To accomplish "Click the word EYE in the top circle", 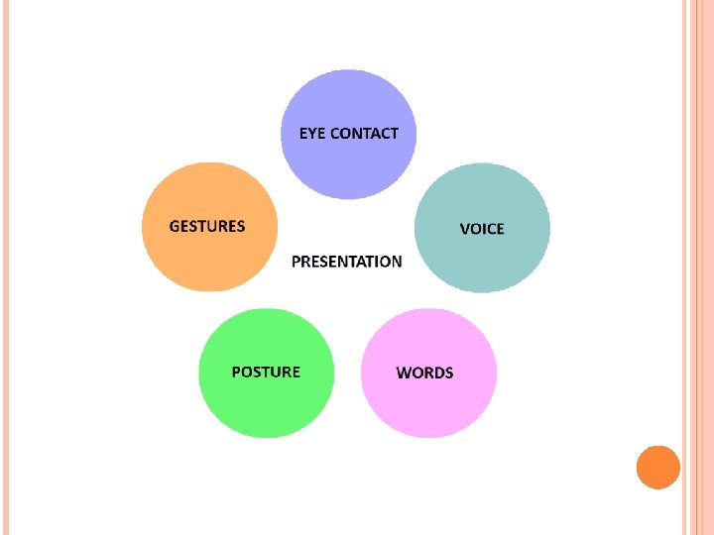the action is pos(312,133).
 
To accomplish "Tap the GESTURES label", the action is pos(207,226).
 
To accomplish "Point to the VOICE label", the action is pos(482,229).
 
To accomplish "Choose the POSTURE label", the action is pos(266,372).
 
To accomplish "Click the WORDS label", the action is pos(424,373).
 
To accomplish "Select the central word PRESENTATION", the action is pos(347,262).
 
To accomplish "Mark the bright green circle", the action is pos(266,406).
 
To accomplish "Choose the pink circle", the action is pos(428,406).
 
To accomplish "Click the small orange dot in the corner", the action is pos(657,467).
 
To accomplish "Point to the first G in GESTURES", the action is pos(176,226).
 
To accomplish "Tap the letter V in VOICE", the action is pos(465,229).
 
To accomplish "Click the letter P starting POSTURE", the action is pos(237,372).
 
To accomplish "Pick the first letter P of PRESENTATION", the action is pos(296,262).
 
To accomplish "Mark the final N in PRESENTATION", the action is pos(397,262).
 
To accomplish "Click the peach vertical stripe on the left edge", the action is pos(4,267).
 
